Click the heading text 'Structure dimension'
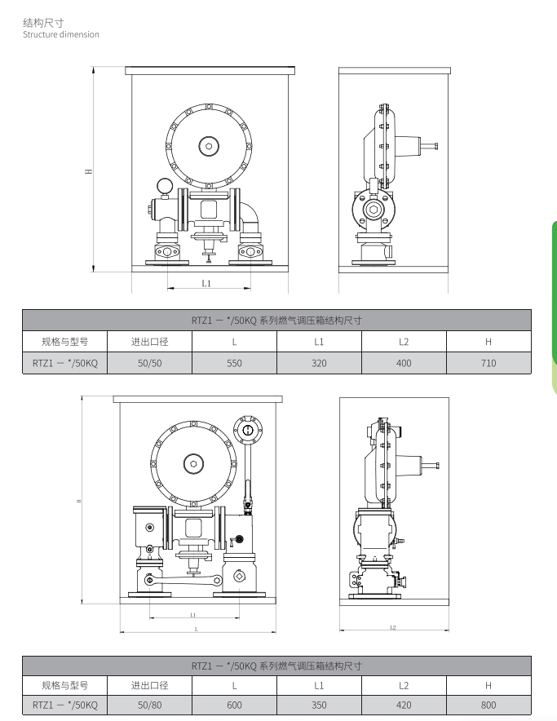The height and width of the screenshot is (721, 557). click(60, 34)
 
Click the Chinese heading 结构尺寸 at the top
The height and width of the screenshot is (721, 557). click(43, 23)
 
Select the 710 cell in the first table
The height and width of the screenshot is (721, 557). click(488, 363)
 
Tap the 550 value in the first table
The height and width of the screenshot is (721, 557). click(234, 363)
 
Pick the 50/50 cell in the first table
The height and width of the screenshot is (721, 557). click(149, 363)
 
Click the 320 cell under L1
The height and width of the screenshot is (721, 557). click(319, 363)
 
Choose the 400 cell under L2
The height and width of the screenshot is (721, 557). click(404, 363)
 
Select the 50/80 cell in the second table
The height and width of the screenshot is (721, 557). click(149, 705)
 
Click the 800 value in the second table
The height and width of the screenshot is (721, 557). click(488, 705)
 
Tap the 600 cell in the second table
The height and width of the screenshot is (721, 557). click(234, 705)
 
